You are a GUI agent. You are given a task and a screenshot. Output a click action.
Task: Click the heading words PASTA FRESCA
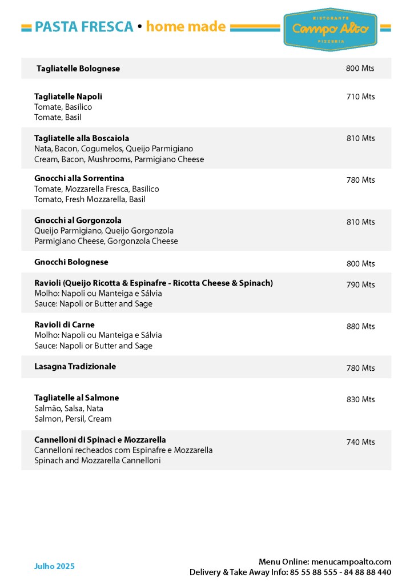click(x=84, y=27)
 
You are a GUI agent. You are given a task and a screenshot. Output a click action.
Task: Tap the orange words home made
click(x=186, y=27)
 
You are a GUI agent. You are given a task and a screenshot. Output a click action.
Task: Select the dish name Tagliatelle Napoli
click(x=68, y=97)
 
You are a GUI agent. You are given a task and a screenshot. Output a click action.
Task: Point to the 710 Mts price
click(x=360, y=97)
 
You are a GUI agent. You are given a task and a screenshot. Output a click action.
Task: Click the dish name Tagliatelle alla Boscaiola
click(x=82, y=138)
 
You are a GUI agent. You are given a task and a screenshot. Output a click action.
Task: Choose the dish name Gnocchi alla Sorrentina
click(x=79, y=178)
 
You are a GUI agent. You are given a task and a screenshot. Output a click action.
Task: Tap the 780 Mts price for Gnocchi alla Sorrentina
click(x=360, y=180)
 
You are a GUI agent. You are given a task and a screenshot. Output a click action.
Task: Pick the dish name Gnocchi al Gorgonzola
click(x=78, y=220)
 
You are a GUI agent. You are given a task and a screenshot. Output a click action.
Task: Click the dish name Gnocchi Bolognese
click(x=71, y=262)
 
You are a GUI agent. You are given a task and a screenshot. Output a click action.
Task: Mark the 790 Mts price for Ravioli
click(x=360, y=285)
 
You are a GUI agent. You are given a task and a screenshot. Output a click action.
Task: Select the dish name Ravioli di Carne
click(x=65, y=324)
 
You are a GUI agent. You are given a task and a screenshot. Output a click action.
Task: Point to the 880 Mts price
click(x=360, y=326)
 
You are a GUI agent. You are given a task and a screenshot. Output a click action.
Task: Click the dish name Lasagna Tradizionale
click(x=75, y=366)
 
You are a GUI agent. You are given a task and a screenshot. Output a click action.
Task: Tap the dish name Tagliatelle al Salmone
click(x=77, y=398)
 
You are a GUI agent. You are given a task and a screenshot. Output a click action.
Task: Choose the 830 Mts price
click(x=360, y=399)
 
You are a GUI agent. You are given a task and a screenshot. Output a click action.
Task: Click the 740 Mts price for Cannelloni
click(x=360, y=442)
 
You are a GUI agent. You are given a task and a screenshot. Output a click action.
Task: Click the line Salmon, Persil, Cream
click(x=73, y=419)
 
